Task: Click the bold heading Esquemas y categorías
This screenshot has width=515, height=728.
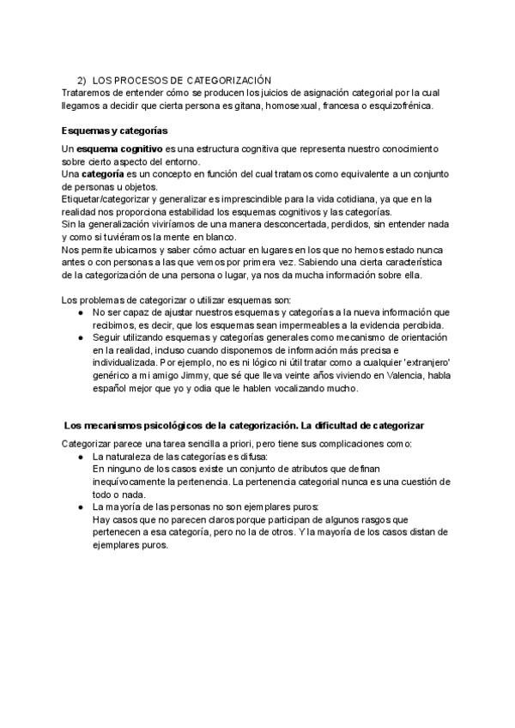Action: [114, 130]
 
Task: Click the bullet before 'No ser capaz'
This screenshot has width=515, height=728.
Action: [80, 313]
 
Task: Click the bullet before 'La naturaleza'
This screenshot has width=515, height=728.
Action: [80, 457]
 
